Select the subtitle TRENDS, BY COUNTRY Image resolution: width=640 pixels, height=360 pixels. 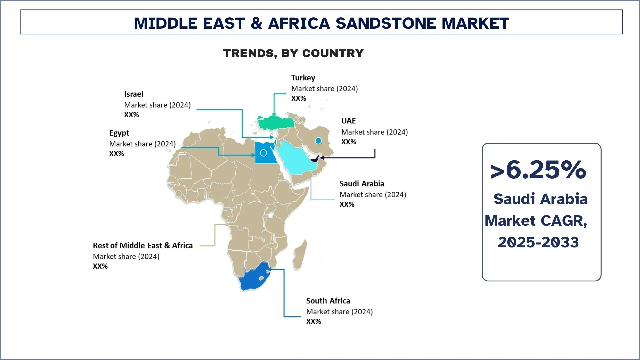[x=293, y=53]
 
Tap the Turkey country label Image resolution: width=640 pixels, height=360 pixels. [x=303, y=78]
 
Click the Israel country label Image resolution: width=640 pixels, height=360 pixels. [x=134, y=94]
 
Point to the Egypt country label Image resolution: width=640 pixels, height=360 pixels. [x=119, y=133]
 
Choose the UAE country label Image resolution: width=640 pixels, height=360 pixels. [x=348, y=121]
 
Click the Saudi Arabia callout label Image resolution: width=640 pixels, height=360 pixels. [x=362, y=184]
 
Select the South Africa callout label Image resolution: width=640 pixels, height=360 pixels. [x=328, y=301]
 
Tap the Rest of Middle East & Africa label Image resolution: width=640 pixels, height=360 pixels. [x=143, y=246]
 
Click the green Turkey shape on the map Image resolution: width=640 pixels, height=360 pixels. [x=275, y=123]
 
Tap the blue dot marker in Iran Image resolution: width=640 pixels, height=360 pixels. [x=318, y=141]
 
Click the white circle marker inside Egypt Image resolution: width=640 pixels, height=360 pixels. [x=263, y=153]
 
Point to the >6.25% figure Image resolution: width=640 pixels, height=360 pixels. [x=538, y=170]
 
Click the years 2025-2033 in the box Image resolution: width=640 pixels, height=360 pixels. [x=538, y=242]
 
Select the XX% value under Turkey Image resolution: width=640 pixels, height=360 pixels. [x=298, y=98]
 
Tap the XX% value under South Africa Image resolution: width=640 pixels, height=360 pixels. [x=313, y=322]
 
